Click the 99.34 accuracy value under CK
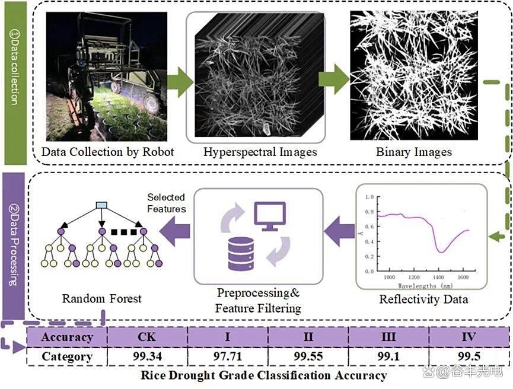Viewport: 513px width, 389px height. pyautogui.click(x=147, y=356)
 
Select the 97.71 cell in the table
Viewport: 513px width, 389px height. pyautogui.click(x=228, y=356)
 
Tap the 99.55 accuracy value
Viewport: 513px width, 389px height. pyautogui.click(x=308, y=356)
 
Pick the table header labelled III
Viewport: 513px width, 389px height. pyautogui.click(x=388, y=337)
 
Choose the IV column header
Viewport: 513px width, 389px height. pyautogui.click(x=469, y=337)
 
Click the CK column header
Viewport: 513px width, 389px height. pyautogui.click(x=147, y=337)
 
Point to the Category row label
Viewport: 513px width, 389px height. pyautogui.click(x=67, y=356)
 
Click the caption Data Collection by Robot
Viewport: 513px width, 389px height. pyautogui.click(x=108, y=152)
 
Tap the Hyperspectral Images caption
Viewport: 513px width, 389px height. pyautogui.click(x=260, y=152)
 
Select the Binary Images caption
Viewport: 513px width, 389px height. pyautogui.click(x=414, y=152)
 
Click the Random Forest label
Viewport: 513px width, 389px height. pyautogui.click(x=102, y=298)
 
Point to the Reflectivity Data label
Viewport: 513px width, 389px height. pyautogui.click(x=423, y=299)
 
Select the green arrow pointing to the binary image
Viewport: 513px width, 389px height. pyautogui.click(x=333, y=80)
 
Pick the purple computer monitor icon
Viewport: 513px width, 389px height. pyautogui.click(x=270, y=216)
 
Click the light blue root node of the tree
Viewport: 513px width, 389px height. pyautogui.click(x=101, y=205)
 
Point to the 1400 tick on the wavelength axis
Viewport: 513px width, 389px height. pyautogui.click(x=439, y=277)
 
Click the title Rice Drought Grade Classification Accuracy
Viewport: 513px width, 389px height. pyautogui.click(x=263, y=375)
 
